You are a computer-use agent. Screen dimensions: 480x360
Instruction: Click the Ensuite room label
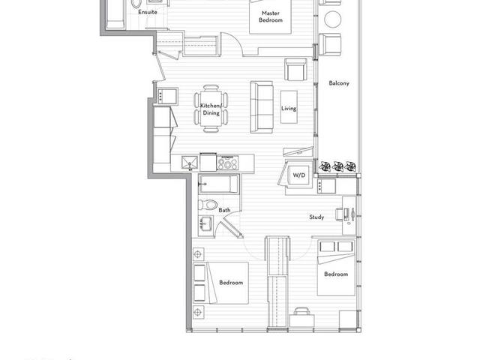(148, 12)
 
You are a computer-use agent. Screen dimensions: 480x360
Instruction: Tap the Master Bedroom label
(271, 16)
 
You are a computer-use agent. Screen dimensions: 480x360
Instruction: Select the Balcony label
(339, 83)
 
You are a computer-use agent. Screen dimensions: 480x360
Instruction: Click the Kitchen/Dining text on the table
(211, 109)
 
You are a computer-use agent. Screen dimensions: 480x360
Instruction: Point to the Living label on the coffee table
(289, 108)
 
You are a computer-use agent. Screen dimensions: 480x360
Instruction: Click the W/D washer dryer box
(299, 175)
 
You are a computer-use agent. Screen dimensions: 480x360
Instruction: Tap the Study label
(316, 217)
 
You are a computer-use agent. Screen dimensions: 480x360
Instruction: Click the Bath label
(224, 210)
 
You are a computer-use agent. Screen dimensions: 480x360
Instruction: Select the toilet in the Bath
(208, 205)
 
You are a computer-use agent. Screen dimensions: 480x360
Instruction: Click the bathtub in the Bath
(218, 184)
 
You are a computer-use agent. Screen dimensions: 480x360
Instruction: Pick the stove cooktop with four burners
(227, 163)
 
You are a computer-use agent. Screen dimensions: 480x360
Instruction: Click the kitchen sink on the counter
(190, 163)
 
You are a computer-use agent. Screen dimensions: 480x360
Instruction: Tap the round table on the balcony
(332, 19)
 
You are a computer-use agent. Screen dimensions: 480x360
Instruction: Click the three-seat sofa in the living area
(262, 107)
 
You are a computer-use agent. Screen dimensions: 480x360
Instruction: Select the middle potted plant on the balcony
(337, 166)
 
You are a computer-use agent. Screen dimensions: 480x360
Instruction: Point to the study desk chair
(339, 214)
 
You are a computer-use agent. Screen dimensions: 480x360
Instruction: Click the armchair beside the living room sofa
(295, 70)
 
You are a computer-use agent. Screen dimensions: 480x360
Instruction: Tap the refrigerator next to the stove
(208, 162)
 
